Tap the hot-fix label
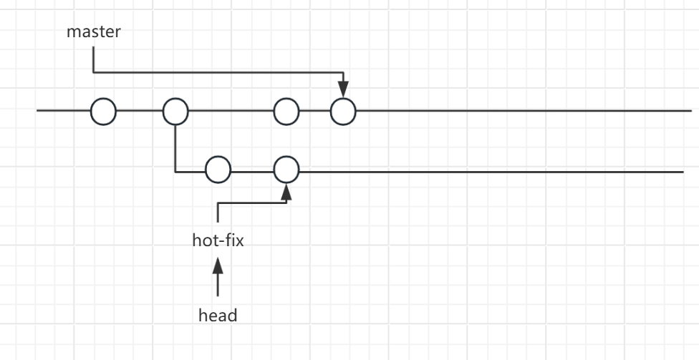218,240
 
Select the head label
218,315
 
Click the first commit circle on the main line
103,112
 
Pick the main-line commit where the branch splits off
175,112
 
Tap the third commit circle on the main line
286,112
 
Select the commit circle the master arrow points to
343,112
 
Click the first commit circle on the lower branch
218,170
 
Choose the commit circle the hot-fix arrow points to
286,170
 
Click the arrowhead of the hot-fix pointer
286,190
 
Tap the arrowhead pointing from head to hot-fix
218,267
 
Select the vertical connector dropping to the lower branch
175,147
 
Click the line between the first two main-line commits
139,112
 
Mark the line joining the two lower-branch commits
252,171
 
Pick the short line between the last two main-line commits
314,112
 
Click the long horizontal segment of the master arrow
215,72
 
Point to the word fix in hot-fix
233,240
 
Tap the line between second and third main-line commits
231,112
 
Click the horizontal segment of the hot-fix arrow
252,203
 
